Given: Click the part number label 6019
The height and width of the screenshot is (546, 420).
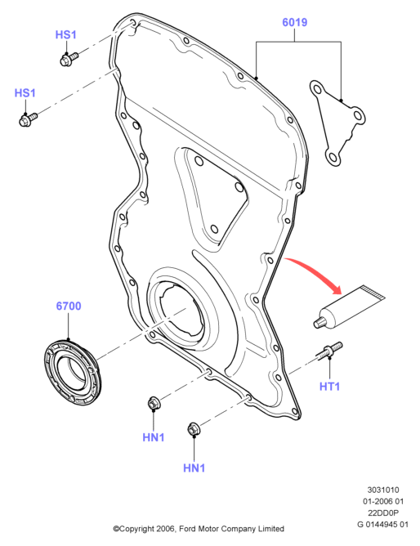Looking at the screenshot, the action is (294, 22).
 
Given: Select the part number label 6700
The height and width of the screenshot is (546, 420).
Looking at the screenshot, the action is (69, 306).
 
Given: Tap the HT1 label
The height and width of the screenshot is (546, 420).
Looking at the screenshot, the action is (329, 386).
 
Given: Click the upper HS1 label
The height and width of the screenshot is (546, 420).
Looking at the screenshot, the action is (65, 35).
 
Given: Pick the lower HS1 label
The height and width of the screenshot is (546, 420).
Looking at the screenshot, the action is (25, 93).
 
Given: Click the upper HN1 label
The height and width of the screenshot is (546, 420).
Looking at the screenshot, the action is (154, 437).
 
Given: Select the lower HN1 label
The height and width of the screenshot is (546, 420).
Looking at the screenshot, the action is (194, 468).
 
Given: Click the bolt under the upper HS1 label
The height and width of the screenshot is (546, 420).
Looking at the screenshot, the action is (69, 59).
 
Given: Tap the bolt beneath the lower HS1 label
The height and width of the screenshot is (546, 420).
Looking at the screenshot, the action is (28, 119).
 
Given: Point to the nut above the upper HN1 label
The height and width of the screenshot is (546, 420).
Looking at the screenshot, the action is (153, 403).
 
